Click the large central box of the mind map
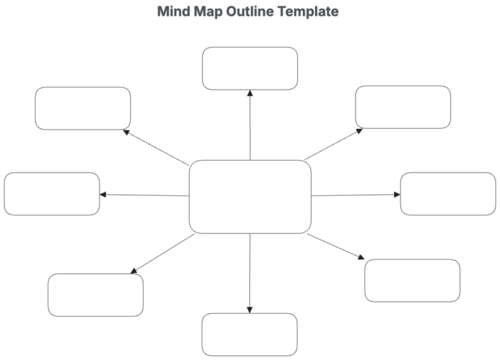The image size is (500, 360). [x=250, y=196]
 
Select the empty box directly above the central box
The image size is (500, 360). [x=250, y=68]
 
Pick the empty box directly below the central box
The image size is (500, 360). [x=250, y=334]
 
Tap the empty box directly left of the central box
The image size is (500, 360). [x=52, y=194]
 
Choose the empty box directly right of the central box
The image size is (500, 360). [x=448, y=194]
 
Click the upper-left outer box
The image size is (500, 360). [x=83, y=108]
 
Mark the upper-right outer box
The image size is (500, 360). [x=403, y=107]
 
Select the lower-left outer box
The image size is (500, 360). [x=96, y=295]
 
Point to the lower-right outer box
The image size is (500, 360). [x=412, y=281]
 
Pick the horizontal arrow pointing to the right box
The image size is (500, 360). [x=355, y=195]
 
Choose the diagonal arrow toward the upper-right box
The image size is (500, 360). [x=334, y=144]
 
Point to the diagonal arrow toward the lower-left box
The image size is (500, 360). [x=163, y=254]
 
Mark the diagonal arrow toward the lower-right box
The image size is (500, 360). [x=337, y=247]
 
